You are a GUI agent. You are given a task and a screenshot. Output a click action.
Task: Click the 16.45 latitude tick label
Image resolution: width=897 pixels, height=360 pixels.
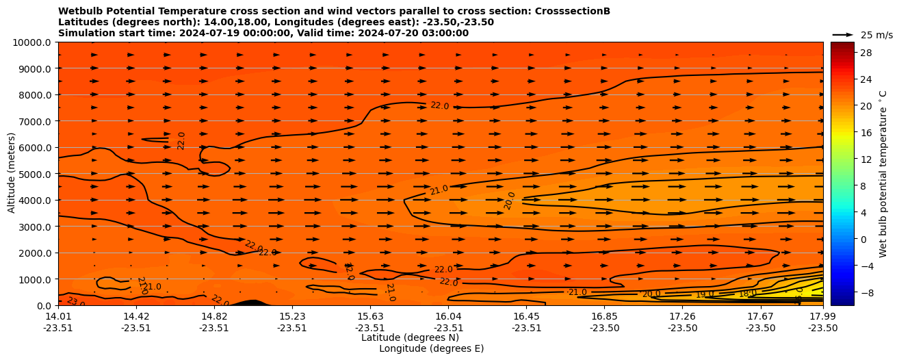point(527,316)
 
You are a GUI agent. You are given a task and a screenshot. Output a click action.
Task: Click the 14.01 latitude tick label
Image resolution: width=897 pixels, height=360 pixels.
point(58,316)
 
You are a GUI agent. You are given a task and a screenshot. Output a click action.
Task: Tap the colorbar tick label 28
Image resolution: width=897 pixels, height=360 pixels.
point(865,53)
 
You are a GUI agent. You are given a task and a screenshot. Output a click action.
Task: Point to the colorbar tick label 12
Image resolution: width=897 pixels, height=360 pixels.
point(865,159)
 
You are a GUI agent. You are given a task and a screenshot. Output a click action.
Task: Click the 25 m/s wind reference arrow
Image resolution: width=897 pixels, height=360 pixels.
point(842,34)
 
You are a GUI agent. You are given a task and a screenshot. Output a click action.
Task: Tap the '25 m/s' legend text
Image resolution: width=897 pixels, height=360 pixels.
point(876,35)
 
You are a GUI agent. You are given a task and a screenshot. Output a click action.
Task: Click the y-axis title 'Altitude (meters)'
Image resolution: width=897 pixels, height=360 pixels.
point(12,174)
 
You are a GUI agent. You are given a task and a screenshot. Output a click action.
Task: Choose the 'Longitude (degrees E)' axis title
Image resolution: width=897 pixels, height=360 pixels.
point(431,348)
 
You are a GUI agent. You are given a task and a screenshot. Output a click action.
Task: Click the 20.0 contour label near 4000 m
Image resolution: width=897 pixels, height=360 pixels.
point(510,201)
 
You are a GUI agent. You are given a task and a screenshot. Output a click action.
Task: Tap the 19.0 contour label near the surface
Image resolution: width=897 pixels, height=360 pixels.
point(705,294)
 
